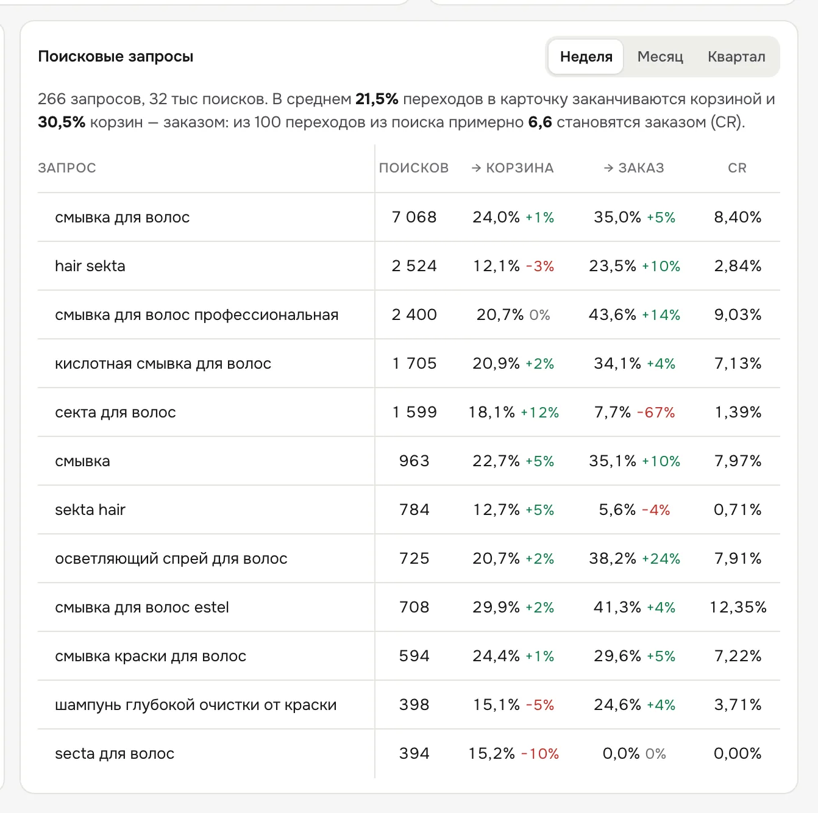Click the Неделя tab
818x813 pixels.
tap(586, 57)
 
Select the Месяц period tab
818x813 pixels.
tap(660, 57)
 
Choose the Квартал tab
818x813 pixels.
tap(736, 57)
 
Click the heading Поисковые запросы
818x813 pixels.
tap(115, 56)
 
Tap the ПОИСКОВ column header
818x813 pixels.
tap(413, 168)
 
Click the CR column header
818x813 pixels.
tap(737, 168)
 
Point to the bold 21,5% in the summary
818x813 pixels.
tap(377, 99)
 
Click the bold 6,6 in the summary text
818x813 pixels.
tap(540, 122)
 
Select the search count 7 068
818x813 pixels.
tap(414, 217)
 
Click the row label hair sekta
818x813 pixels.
tap(90, 266)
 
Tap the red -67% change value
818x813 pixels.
tap(656, 412)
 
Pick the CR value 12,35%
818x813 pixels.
tap(738, 607)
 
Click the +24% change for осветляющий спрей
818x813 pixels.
tap(661, 558)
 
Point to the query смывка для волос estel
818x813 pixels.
tap(142, 607)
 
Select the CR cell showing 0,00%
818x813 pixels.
tap(738, 753)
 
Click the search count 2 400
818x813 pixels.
tap(414, 314)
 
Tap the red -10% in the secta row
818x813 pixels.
tap(540, 753)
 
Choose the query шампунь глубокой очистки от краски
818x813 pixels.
tap(196, 705)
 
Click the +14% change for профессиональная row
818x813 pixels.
tap(661, 314)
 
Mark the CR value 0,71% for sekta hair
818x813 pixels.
tap(738, 509)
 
